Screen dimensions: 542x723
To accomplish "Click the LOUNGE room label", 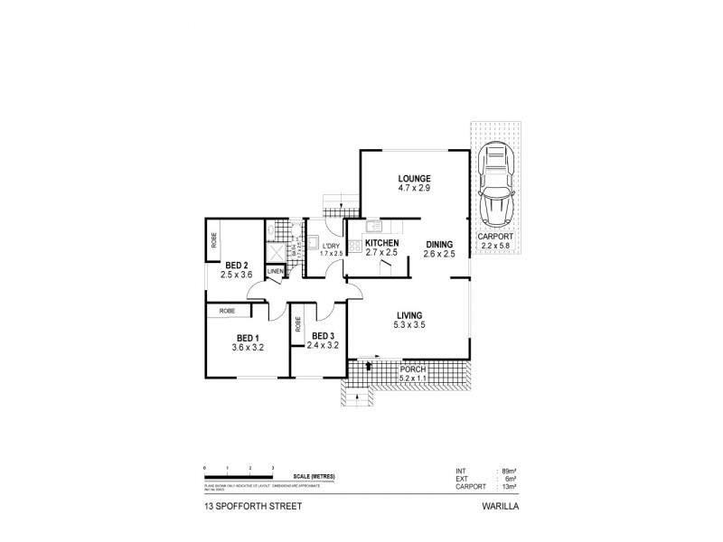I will (414, 178).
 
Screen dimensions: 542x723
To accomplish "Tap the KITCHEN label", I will (383, 243).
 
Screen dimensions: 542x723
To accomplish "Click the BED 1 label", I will (246, 336).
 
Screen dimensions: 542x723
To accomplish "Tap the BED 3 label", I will (322, 335).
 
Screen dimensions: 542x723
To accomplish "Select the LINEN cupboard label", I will (276, 271).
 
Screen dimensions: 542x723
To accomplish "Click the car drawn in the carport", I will (495, 186).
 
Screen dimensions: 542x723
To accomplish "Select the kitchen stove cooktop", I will (355, 246).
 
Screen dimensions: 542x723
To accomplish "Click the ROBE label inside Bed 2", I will (214, 240).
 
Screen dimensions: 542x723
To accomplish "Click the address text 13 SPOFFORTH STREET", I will (252, 508).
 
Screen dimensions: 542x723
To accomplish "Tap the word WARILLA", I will (499, 508).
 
